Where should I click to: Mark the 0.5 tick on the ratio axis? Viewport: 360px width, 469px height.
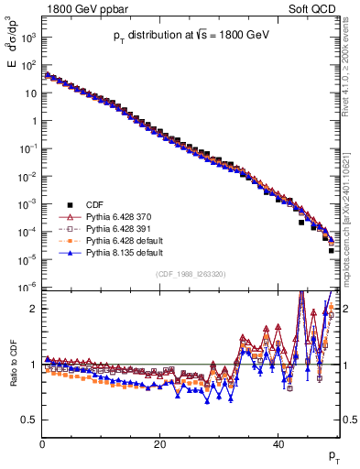coord(31,420)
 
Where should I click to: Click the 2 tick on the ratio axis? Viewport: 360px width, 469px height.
coord(36,309)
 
